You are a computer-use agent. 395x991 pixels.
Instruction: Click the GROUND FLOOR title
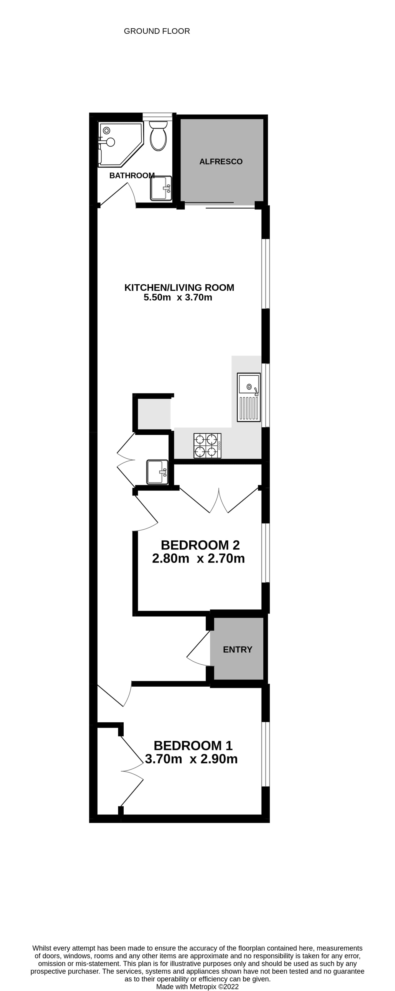pyautogui.click(x=157, y=31)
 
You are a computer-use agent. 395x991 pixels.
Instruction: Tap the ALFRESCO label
pyautogui.click(x=221, y=161)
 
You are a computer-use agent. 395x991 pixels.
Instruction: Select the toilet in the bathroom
pyautogui.click(x=158, y=136)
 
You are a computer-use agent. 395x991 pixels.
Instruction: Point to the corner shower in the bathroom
pyautogui.click(x=120, y=145)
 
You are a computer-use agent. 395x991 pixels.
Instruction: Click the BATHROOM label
pyautogui.click(x=132, y=175)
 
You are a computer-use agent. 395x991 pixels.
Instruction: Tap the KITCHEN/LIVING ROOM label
pyautogui.click(x=179, y=287)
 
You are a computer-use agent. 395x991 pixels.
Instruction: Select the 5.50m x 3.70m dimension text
pyautogui.click(x=178, y=297)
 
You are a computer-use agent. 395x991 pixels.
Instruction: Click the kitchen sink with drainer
pyautogui.click(x=249, y=397)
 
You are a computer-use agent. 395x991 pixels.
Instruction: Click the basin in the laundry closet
pyautogui.click(x=157, y=472)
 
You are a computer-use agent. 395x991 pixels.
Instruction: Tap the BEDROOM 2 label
pyautogui.click(x=200, y=545)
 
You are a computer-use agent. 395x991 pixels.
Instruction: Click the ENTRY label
pyautogui.click(x=238, y=649)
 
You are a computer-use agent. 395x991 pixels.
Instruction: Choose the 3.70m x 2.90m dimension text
pyautogui.click(x=191, y=759)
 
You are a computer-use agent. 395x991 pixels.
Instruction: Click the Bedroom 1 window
pyautogui.click(x=266, y=754)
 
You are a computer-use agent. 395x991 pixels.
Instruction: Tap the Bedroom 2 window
pyautogui.click(x=266, y=553)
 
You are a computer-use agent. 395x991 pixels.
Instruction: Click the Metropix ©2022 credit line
pyautogui.click(x=197, y=987)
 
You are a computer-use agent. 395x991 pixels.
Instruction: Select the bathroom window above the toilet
pyautogui.click(x=157, y=117)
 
